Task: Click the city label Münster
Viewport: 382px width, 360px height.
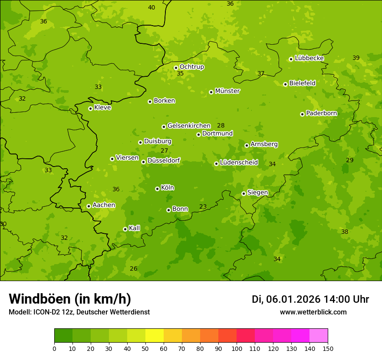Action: [x=227, y=91]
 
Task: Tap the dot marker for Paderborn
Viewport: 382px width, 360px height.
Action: [x=303, y=114]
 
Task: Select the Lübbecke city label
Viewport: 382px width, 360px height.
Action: [x=309, y=58]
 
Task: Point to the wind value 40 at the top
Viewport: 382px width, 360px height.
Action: [x=151, y=7]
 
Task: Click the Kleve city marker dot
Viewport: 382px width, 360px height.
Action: [x=90, y=108]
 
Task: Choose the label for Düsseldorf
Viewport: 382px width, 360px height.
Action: [x=164, y=160]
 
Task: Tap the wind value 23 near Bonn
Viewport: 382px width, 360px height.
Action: [x=203, y=207]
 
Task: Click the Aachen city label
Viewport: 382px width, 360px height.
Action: [x=104, y=205]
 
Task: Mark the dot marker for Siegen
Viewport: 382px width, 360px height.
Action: [x=244, y=193]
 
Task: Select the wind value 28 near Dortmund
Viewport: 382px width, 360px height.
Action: [x=221, y=126]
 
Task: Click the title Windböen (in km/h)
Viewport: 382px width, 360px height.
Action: [x=70, y=299]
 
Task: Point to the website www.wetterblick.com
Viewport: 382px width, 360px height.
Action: [x=313, y=312]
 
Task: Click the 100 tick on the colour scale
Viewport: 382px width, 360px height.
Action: [x=237, y=348]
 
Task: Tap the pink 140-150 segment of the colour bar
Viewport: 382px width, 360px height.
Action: [x=319, y=335]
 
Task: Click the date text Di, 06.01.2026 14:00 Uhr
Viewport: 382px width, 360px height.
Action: [x=310, y=299]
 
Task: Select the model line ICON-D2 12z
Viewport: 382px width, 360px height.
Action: [x=79, y=312]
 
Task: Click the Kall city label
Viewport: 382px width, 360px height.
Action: [x=135, y=228]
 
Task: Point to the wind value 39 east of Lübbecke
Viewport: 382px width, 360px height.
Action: [x=356, y=58]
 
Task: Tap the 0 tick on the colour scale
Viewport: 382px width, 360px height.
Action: [x=54, y=348]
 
